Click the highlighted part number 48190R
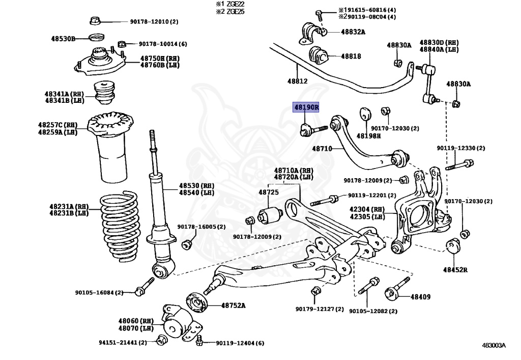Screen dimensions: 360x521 [x=306, y=108]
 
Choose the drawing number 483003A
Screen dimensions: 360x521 [x=494, y=345]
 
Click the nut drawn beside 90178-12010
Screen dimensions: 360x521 [x=95, y=21]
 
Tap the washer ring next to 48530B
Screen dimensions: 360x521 [x=96, y=37]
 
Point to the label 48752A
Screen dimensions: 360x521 [x=233, y=306]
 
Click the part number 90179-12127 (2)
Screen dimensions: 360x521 [x=320, y=309]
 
